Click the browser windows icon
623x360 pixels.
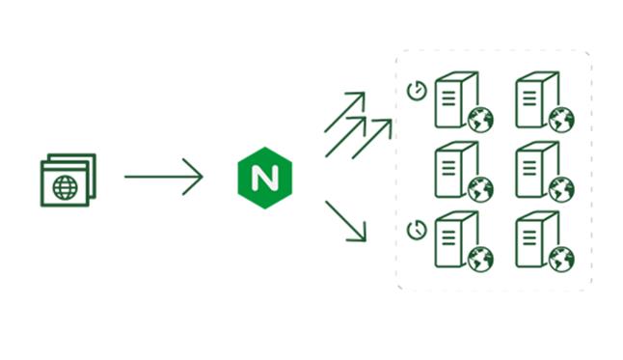pos(68,180)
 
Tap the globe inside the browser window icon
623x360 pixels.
pos(65,187)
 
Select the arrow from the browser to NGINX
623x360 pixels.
pos(163,177)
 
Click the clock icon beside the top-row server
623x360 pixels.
pos(417,91)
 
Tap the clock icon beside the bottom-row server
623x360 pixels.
pos(417,230)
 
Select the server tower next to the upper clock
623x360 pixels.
pos(450,98)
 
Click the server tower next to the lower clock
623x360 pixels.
pos(450,237)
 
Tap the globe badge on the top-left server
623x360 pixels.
pos(480,120)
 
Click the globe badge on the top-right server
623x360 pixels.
pos(561,120)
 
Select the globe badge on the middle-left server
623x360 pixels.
pos(480,189)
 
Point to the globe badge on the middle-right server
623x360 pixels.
pos(561,189)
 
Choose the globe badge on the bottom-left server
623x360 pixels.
pos(480,259)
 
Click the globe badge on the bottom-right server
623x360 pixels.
pos(561,259)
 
